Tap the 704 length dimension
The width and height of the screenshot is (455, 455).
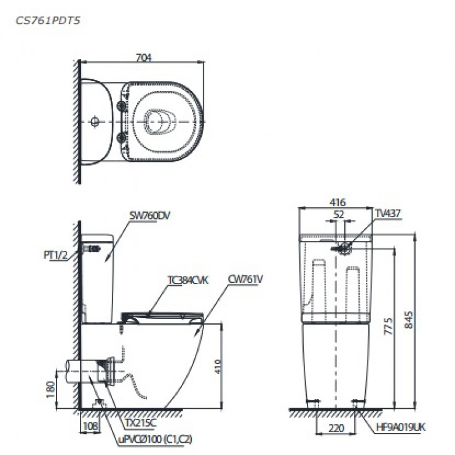[x=144, y=58]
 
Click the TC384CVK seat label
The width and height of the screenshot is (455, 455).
[x=188, y=280]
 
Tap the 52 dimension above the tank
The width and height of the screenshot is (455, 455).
[x=339, y=214]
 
